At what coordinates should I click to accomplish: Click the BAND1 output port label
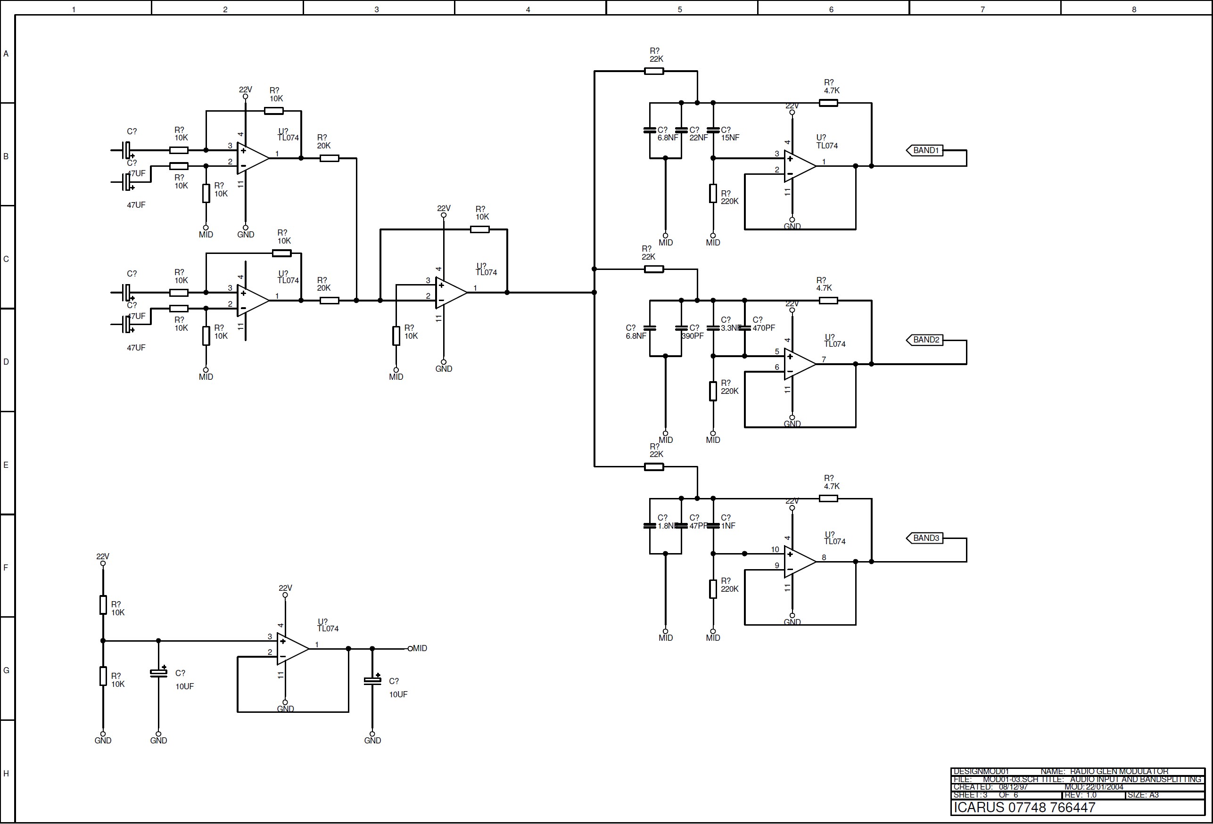click(926, 150)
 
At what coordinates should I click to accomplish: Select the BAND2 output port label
click(926, 340)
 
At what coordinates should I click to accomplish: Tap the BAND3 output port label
click(926, 538)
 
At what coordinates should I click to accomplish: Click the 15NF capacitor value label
click(730, 138)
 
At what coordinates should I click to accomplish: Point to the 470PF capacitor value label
click(764, 328)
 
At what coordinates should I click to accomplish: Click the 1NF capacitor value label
click(728, 526)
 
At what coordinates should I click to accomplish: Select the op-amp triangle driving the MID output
click(292, 649)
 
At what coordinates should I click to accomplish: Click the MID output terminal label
click(420, 648)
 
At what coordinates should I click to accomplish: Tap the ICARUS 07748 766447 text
click(1024, 808)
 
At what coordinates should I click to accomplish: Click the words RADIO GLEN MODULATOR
click(1119, 771)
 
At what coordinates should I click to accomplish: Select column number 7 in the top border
click(982, 9)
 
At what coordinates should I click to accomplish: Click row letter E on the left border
click(6, 465)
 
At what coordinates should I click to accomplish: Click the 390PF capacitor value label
click(693, 336)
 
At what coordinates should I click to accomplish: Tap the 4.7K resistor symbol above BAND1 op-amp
click(828, 103)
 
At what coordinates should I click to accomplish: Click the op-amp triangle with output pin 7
click(799, 364)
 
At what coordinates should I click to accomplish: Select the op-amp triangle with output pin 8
click(799, 562)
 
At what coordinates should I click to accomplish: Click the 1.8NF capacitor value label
click(667, 526)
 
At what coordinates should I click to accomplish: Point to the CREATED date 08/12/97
click(1013, 787)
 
